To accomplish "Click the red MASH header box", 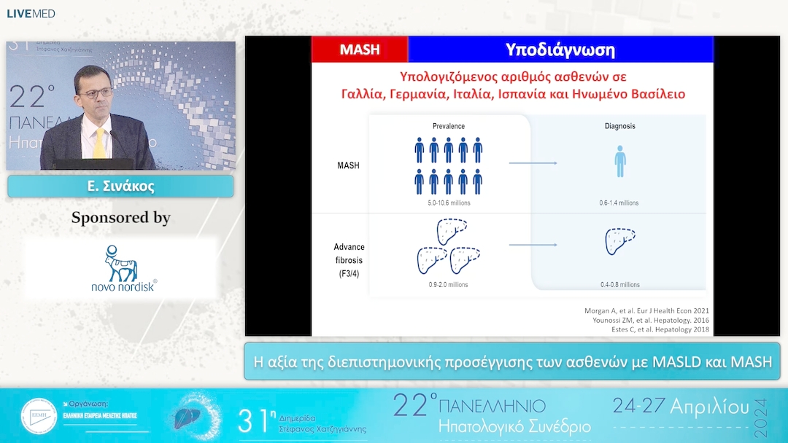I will tap(360, 50).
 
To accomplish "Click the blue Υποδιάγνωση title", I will tap(560, 50).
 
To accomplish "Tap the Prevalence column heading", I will tap(449, 126).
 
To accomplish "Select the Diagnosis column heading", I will tap(619, 126).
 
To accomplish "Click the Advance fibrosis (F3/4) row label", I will tap(349, 259).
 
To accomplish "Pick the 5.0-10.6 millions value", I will tap(449, 203).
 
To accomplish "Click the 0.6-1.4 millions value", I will tap(619, 203).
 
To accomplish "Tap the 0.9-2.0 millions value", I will tap(448, 284).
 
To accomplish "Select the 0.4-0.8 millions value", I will tap(619, 284).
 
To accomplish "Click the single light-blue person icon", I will tap(619, 161).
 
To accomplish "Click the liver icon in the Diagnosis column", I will tap(620, 241).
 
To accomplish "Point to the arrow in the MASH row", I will tap(533, 163).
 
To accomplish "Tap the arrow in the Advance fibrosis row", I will tap(533, 245).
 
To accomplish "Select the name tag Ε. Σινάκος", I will tap(120, 187).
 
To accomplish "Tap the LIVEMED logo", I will tap(31, 14).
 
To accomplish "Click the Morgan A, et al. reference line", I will tap(646, 311).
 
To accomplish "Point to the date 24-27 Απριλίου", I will tap(681, 406).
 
